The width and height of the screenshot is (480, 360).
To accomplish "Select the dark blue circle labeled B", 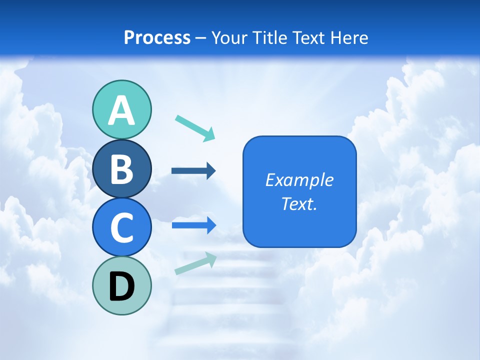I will coord(121,168).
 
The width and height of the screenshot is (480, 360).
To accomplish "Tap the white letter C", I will coord(121,228).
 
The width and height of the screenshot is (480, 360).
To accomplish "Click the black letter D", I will coord(121,286).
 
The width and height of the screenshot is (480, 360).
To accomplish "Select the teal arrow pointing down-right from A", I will coord(195,128).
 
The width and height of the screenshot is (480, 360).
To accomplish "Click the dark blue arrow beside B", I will coord(193,171).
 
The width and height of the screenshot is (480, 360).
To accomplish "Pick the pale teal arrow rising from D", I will coord(195,263).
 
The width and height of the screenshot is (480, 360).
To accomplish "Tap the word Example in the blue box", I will coord(299,180).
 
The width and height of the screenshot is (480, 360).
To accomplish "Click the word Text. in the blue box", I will coord(299,204).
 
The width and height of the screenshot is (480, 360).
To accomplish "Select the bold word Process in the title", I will coord(157,37).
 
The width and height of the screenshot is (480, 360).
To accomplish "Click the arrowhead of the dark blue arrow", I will coord(211,171).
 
